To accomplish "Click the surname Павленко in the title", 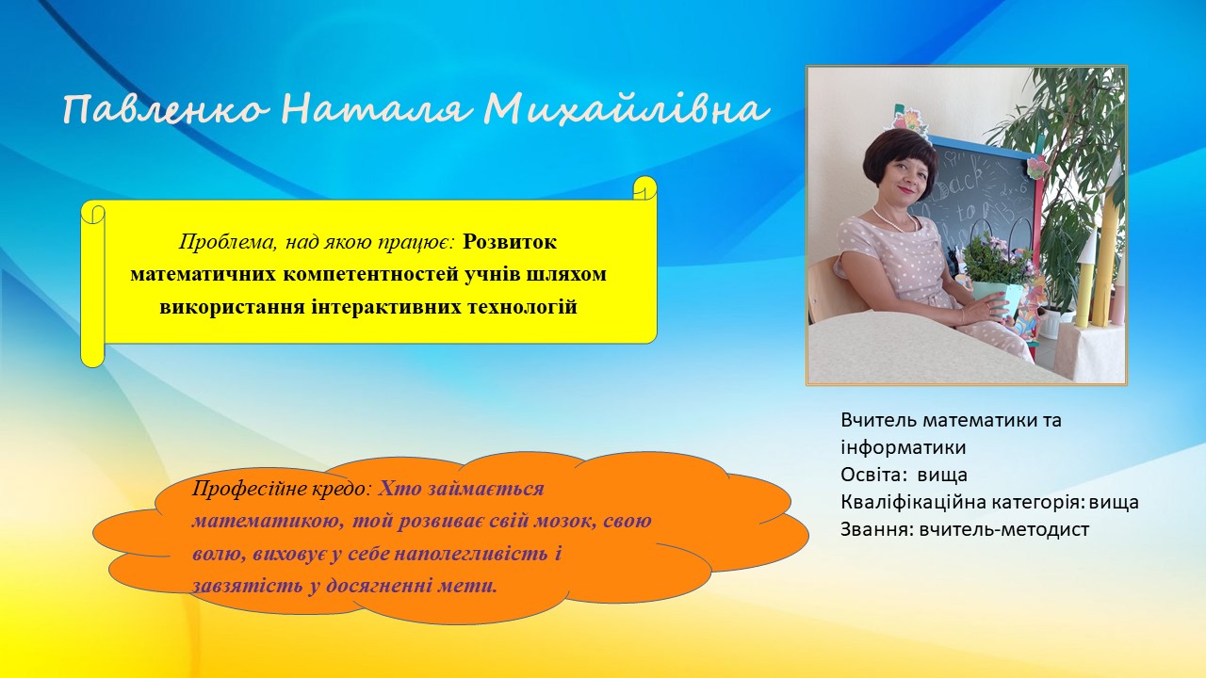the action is pyautogui.click(x=165, y=110).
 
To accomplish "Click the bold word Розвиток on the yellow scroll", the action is pyautogui.click(x=510, y=242).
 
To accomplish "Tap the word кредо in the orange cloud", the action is pyautogui.click(x=342, y=489).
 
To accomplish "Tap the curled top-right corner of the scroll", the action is pyautogui.click(x=645, y=187).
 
